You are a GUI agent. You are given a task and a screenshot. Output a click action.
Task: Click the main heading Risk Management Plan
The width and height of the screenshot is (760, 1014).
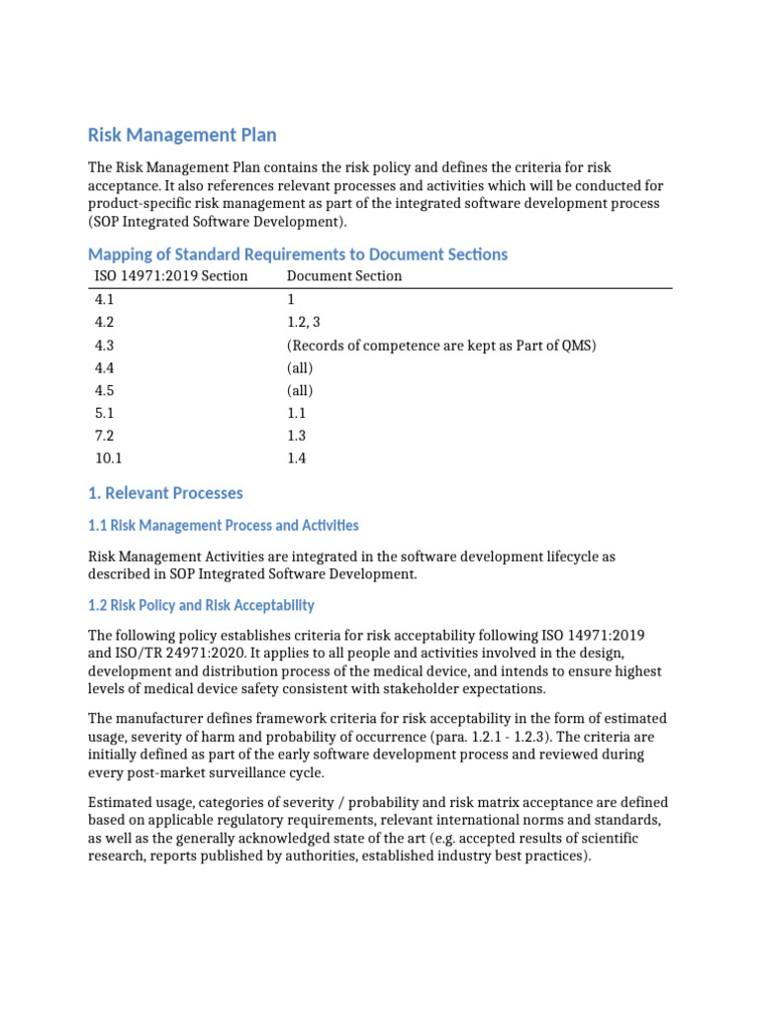pyautogui.click(x=182, y=135)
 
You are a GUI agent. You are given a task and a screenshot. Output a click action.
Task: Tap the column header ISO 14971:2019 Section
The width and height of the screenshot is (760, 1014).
pyautogui.click(x=170, y=276)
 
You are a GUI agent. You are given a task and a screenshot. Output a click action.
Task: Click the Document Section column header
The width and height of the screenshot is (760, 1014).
pyautogui.click(x=344, y=276)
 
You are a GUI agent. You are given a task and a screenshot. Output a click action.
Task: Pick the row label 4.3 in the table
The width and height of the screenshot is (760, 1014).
pyautogui.click(x=105, y=345)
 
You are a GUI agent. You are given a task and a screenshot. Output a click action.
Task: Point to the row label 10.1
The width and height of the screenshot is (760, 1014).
pyautogui.click(x=109, y=458)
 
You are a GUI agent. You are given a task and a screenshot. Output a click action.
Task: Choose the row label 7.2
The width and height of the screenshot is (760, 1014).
pyautogui.click(x=105, y=436)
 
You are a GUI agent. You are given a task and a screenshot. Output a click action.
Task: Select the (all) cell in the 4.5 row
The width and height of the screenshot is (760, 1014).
pyautogui.click(x=300, y=390)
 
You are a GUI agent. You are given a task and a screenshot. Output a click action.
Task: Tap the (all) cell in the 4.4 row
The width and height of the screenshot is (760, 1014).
pyautogui.click(x=300, y=367)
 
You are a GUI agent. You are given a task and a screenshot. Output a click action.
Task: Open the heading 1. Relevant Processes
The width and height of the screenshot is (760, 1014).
pyautogui.click(x=165, y=493)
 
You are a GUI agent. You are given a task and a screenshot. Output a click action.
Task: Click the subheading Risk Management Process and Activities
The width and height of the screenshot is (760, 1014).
pyautogui.click(x=224, y=526)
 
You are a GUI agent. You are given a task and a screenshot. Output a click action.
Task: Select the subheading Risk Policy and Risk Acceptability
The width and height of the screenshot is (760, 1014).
pyautogui.click(x=201, y=605)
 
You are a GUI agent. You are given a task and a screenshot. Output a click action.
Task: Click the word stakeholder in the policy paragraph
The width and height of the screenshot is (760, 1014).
pyautogui.click(x=427, y=688)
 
